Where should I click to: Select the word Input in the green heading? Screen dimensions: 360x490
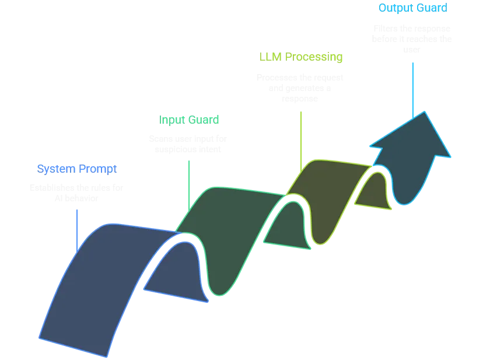pos(170,120)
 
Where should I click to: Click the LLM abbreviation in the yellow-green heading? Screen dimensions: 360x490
pos(268,57)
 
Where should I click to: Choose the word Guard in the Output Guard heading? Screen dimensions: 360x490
pos(432,8)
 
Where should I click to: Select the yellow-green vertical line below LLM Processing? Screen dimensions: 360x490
pos(301,137)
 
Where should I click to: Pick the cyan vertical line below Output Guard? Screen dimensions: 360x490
pos(413,88)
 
